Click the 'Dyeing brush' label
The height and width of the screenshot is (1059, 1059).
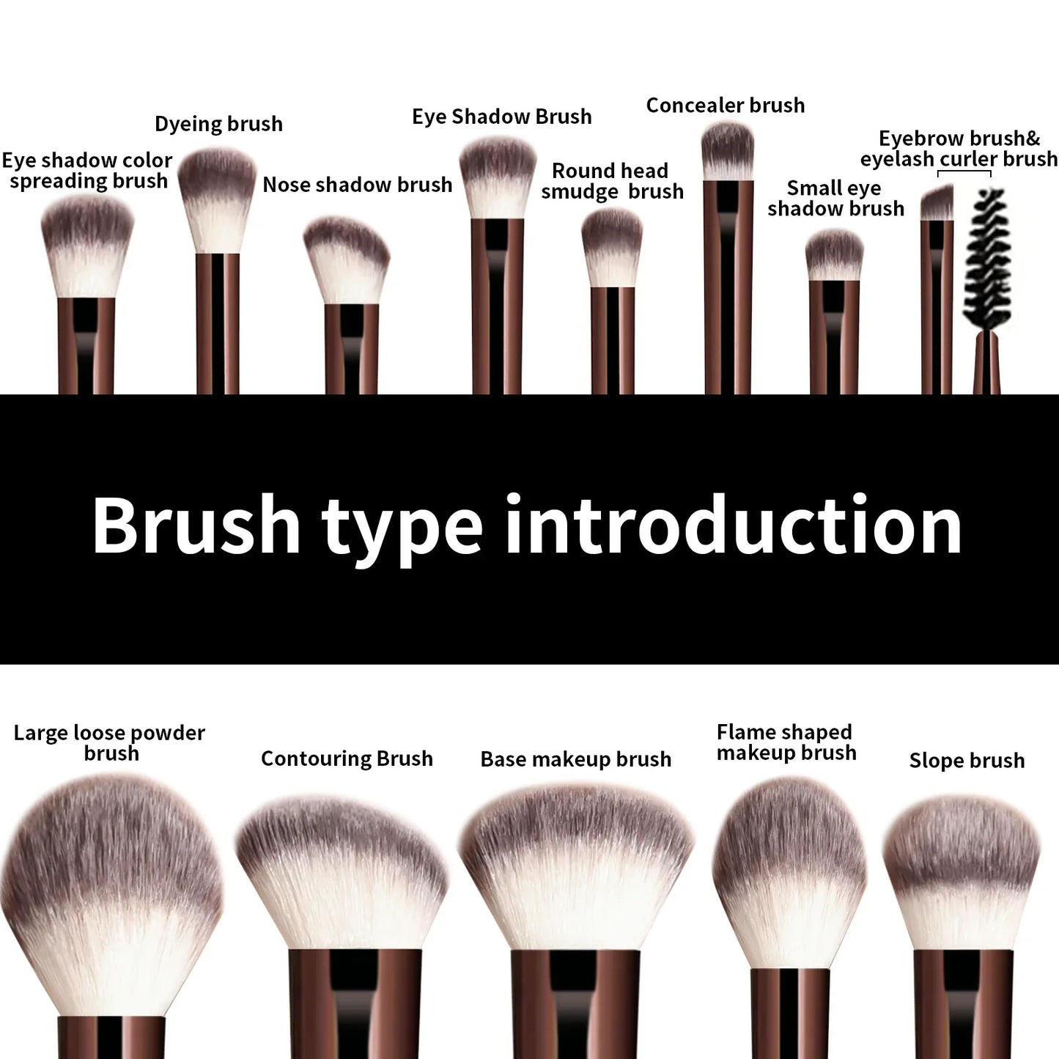tap(218, 124)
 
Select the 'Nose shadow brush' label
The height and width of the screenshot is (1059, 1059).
tap(357, 185)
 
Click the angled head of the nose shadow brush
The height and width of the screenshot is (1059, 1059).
tap(347, 260)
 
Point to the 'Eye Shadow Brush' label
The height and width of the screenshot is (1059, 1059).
tap(501, 117)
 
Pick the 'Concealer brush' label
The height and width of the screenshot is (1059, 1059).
tap(725, 106)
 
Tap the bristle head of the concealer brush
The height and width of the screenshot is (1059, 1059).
tap(728, 151)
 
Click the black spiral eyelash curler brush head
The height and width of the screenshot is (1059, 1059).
tap(988, 257)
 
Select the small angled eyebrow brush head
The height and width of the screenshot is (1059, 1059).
tap(937, 203)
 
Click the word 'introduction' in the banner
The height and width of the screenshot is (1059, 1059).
tap(733, 525)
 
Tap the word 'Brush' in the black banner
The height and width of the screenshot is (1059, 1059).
tap(196, 525)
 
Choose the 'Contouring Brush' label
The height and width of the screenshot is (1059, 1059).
tap(347, 759)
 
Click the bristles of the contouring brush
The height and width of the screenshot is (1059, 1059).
tap(342, 872)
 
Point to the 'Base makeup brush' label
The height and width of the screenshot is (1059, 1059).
tap(575, 759)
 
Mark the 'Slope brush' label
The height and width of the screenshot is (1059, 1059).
tap(967, 761)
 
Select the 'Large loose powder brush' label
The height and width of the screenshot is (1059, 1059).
tap(110, 742)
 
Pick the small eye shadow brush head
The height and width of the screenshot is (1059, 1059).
tap(834, 255)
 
